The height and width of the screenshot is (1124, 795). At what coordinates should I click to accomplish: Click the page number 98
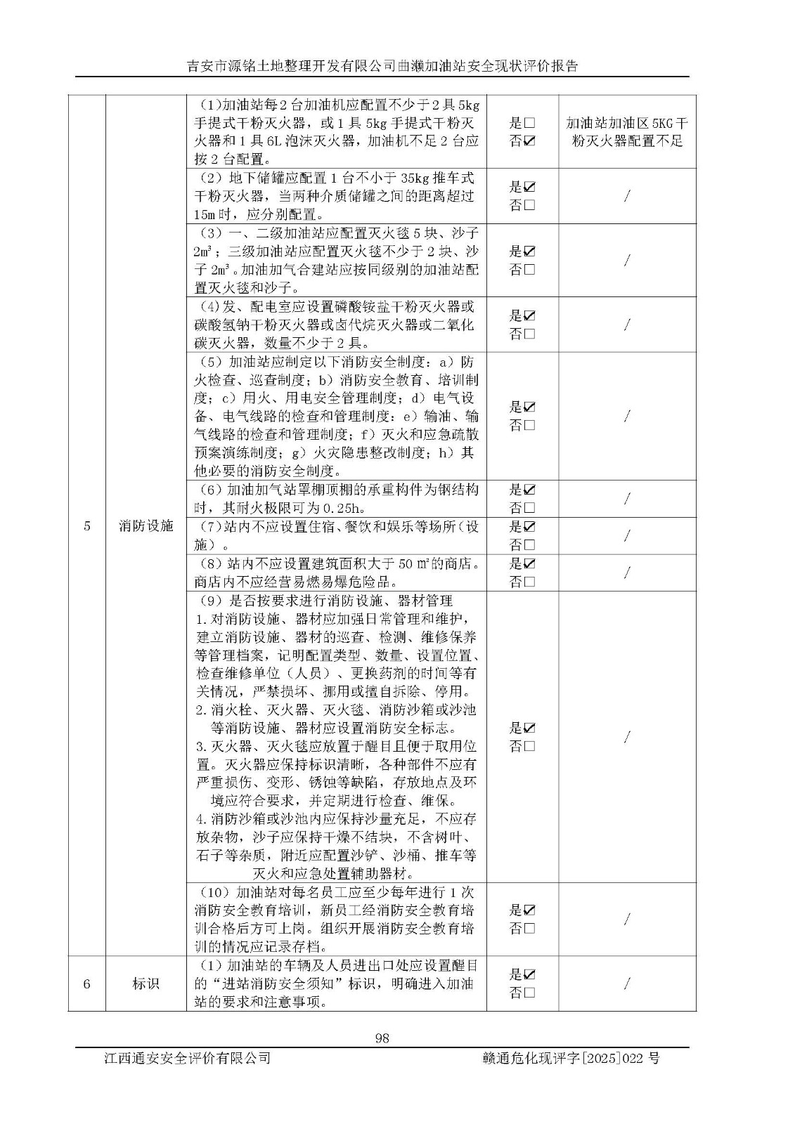[x=382, y=1038]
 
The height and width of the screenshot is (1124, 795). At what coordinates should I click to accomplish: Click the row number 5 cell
[x=87, y=525]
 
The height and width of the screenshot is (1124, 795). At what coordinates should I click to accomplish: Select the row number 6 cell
[x=87, y=983]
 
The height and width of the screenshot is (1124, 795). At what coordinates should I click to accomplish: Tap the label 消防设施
[x=146, y=525]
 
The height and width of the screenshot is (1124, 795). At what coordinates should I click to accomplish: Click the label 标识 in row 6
[x=146, y=983]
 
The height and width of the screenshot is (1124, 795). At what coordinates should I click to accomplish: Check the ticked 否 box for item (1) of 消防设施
[x=529, y=140]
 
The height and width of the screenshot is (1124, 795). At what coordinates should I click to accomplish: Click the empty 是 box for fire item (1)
[x=529, y=122]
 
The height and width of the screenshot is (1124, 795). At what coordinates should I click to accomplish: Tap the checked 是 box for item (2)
[x=529, y=187]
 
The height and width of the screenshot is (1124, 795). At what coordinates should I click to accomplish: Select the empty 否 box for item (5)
[x=529, y=425]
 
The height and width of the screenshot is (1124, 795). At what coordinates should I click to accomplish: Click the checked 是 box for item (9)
[x=529, y=728]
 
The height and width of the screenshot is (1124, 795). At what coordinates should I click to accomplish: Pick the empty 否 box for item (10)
[x=529, y=928]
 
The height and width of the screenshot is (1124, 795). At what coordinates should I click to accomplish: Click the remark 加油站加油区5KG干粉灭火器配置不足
[x=627, y=131]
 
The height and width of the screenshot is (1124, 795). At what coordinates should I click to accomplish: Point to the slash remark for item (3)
[x=627, y=261]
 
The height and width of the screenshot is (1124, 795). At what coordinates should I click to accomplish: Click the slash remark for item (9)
[x=627, y=736]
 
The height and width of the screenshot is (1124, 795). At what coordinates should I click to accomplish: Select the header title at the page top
[x=382, y=66]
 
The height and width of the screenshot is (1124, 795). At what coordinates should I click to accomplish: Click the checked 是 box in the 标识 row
[x=529, y=974]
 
